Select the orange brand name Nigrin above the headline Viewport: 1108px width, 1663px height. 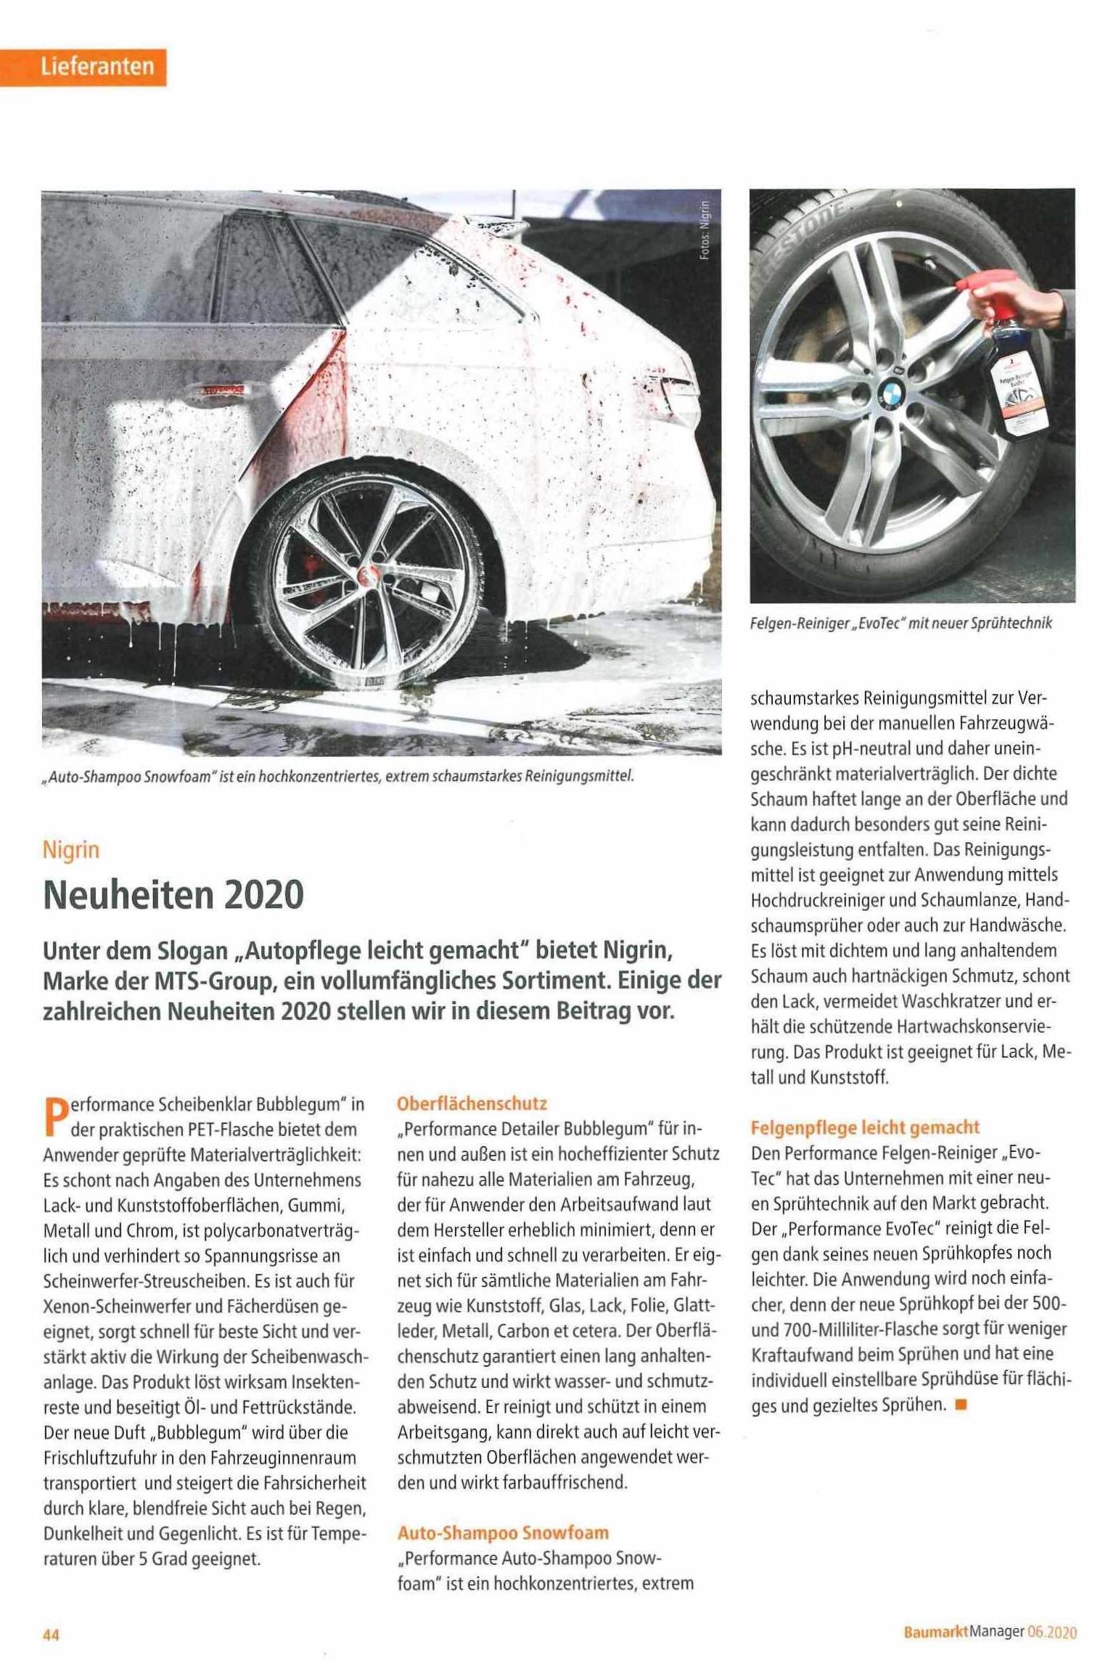point(70,849)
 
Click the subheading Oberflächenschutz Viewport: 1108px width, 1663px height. point(472,1104)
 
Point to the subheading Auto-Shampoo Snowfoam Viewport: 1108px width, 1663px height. point(503,1533)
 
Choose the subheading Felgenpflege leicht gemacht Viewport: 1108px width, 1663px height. point(865,1127)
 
